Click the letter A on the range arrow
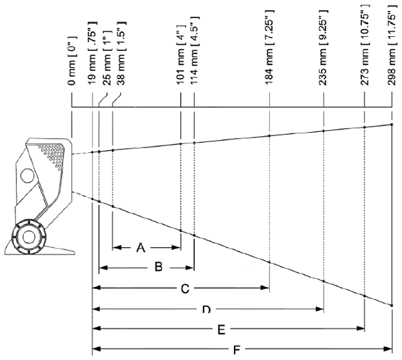point(141,247)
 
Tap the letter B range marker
point(158,267)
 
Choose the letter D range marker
point(207,309)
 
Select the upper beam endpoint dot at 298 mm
point(391,124)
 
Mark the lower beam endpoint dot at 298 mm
point(391,306)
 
